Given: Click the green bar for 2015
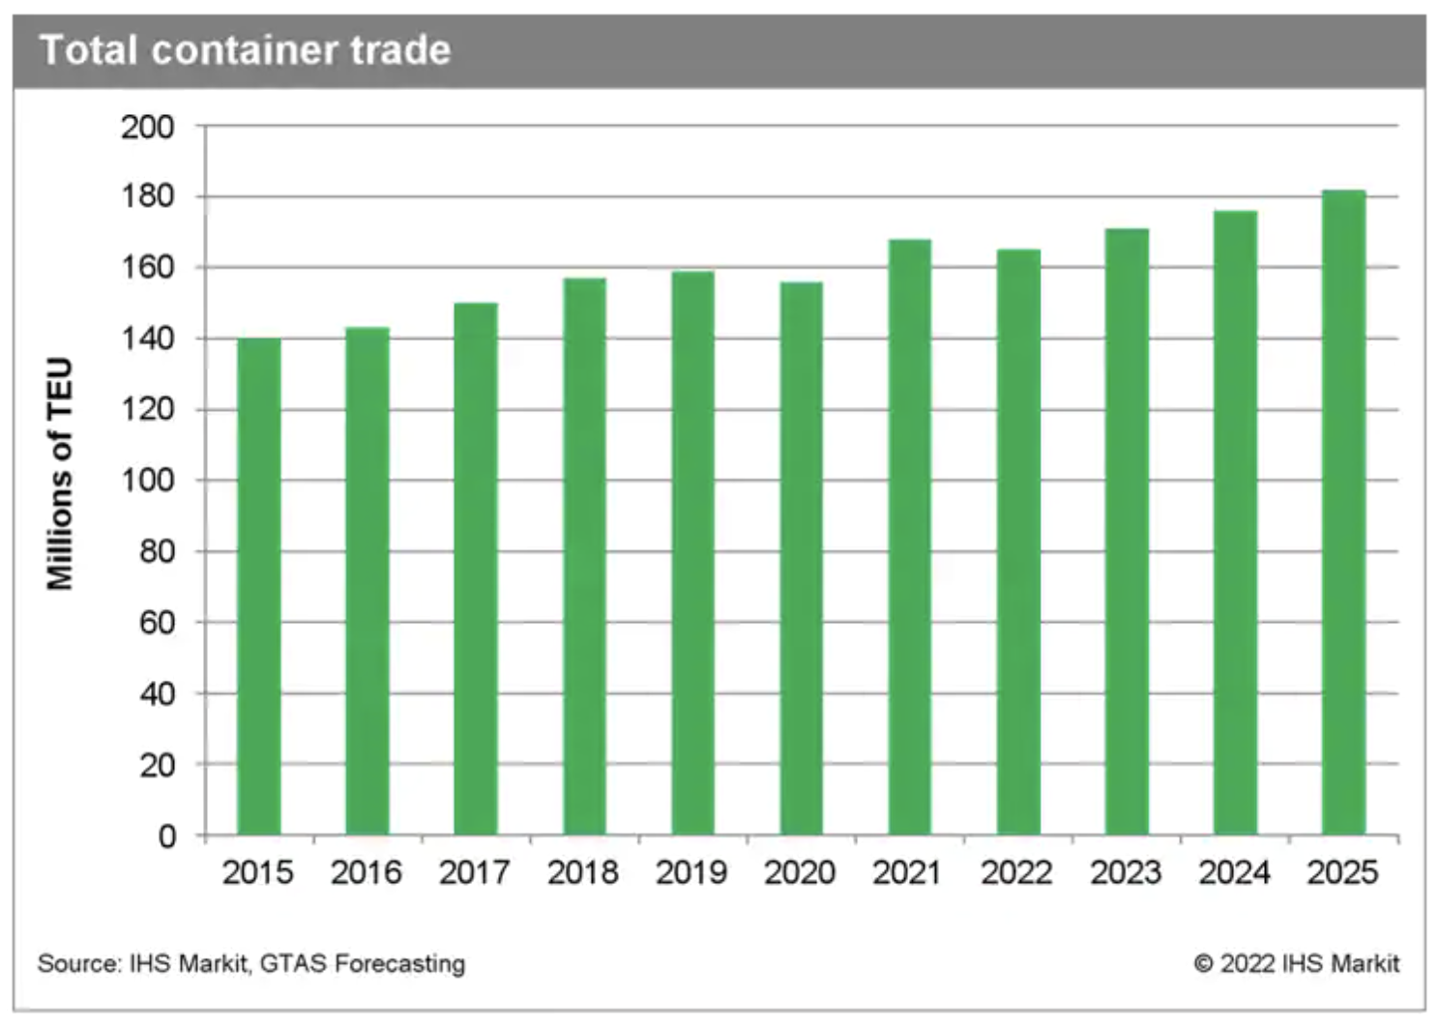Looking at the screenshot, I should [x=258, y=586].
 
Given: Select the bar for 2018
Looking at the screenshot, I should [x=584, y=556].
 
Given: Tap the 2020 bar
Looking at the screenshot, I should [x=801, y=558].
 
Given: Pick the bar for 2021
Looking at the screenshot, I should [x=909, y=537].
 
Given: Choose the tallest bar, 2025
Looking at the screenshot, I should [x=1343, y=513].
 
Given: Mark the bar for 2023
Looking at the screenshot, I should [x=1127, y=532].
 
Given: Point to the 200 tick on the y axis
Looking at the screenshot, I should [x=147, y=127].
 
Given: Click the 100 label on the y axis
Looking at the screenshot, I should [x=147, y=481].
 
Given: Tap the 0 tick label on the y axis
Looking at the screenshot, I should [x=166, y=836].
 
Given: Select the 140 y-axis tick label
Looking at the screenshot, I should [x=147, y=338].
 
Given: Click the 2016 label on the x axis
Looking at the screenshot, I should [x=366, y=873].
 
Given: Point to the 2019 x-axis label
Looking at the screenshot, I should [x=691, y=873].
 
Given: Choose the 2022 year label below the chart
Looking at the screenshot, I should [x=1016, y=873].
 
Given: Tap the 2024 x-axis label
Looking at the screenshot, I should [x=1234, y=873].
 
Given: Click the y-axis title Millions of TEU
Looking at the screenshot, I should [x=60, y=474].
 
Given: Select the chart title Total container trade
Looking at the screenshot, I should [x=246, y=50].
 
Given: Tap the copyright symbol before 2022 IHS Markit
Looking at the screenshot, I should [x=1203, y=964].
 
